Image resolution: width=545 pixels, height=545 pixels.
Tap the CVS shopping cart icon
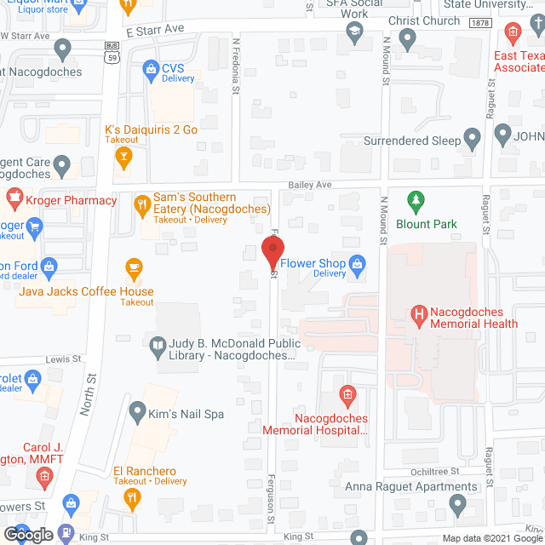coord(150,67)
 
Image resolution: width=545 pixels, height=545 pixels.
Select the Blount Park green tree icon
coord(416,203)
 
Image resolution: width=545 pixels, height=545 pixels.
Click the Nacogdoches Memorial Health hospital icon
coord(418,317)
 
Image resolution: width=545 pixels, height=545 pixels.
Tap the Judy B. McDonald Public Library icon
coord(157,345)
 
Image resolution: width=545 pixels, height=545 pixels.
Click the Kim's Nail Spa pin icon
coord(137,414)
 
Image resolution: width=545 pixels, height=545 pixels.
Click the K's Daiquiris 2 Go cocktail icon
coord(123,158)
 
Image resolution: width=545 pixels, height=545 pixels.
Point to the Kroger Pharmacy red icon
coord(14,200)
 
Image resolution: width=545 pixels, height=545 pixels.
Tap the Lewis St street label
coord(63,360)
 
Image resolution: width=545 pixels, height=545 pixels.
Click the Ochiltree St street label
coord(432,470)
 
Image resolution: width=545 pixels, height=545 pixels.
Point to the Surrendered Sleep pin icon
coord(474,141)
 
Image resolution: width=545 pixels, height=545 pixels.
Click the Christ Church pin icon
coord(407,37)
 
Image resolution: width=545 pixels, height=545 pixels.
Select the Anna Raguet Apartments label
coord(411,487)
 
